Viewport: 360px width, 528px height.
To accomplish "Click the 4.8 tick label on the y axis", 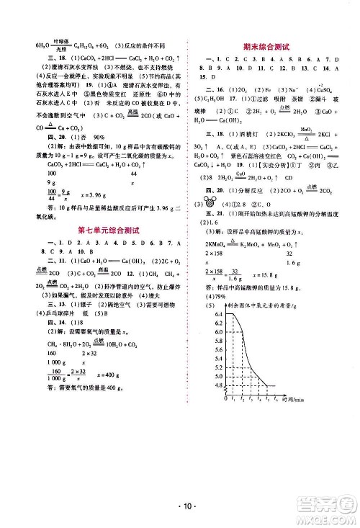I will [x=219, y=385].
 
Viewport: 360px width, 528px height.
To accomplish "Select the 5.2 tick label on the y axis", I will [x=219, y=367].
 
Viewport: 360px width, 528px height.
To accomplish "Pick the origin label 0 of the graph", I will [x=225, y=398].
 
